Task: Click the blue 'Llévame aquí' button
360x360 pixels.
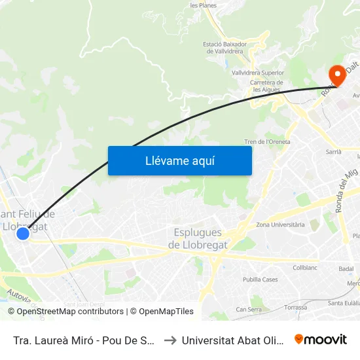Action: click(179, 160)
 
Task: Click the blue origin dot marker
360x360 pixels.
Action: click(23, 234)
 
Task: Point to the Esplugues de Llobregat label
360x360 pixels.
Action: click(198, 239)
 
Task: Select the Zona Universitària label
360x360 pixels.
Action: click(280, 225)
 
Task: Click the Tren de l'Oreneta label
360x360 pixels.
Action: click(267, 141)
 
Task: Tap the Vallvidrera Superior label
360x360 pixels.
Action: click(258, 73)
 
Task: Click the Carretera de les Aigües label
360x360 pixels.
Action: click(266, 86)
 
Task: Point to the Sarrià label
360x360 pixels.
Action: click(334, 152)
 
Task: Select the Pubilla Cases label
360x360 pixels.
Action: click(261, 279)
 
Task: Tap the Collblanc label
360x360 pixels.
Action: click(305, 268)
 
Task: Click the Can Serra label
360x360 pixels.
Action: click(249, 310)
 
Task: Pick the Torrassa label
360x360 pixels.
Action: click(296, 307)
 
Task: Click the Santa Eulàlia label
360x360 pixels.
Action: click(344, 303)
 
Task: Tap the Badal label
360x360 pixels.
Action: click(346, 269)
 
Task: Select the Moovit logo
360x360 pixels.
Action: click(321, 339)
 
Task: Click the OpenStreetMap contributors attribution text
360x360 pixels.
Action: click(65, 312)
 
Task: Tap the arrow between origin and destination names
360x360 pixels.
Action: click(168, 340)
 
